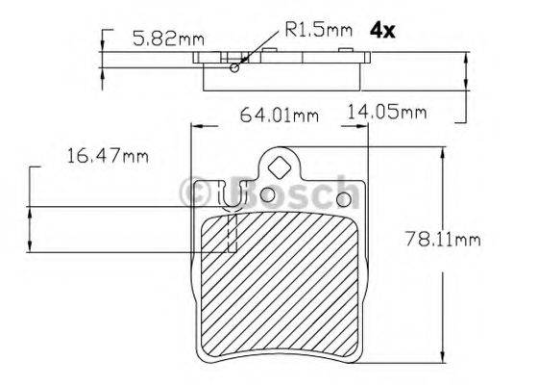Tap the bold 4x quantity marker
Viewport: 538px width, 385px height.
382,30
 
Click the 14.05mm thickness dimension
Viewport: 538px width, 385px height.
386,113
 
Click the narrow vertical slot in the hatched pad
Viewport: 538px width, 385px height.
231,234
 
